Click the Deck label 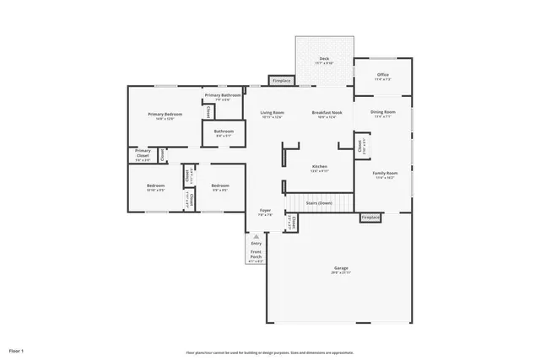click(325, 58)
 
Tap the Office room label click(383, 74)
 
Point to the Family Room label click(386, 174)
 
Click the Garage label click(340, 268)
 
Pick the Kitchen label click(320, 167)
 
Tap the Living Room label click(272, 113)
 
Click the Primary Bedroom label click(165, 114)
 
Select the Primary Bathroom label click(224, 95)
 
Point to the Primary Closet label click(143, 151)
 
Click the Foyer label click(265, 211)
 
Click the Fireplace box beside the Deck click(281, 81)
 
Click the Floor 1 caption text click(17, 349)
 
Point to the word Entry click(256, 244)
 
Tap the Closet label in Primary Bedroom click(208, 111)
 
